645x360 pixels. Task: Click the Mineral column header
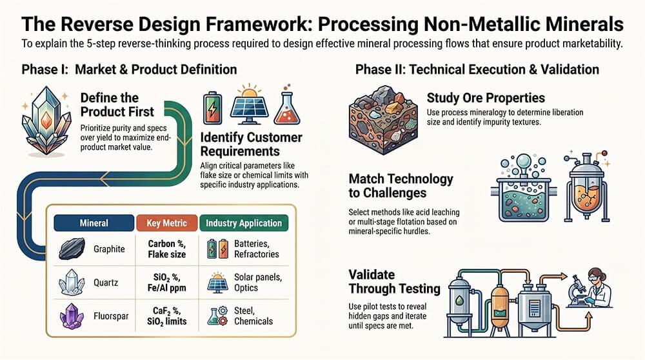tap(94, 223)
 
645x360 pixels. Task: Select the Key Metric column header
tap(166, 223)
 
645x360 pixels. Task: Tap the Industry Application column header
tap(244, 223)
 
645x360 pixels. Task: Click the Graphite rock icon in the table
tap(72, 248)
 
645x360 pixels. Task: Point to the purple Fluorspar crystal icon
tap(72, 316)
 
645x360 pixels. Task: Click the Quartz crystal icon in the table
tap(72, 282)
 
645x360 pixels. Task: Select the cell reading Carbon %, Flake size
tap(166, 249)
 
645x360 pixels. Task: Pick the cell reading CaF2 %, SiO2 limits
tap(166, 316)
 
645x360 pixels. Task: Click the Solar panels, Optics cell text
tap(258, 282)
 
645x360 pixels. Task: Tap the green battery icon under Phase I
tap(213, 108)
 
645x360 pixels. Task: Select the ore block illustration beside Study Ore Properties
tap(383, 120)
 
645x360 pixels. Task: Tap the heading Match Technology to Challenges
tap(401, 186)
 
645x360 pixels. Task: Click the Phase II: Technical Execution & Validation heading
tap(477, 70)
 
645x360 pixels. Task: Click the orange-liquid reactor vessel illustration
tap(587, 187)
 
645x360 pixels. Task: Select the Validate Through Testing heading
tap(394, 282)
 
